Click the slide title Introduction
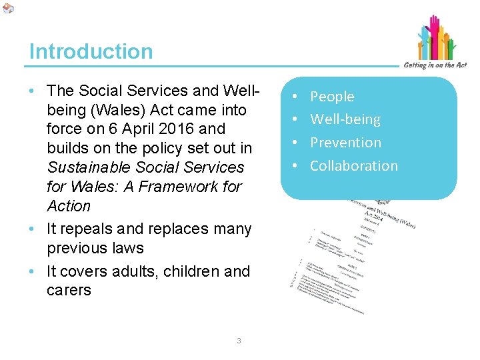[91, 51]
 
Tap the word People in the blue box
[332, 97]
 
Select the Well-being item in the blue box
[345, 120]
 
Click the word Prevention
[345, 143]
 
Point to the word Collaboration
[353, 166]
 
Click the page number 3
[239, 341]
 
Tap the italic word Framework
[177, 187]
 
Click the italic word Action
[69, 206]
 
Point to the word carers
[69, 291]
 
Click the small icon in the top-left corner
[7, 8]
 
